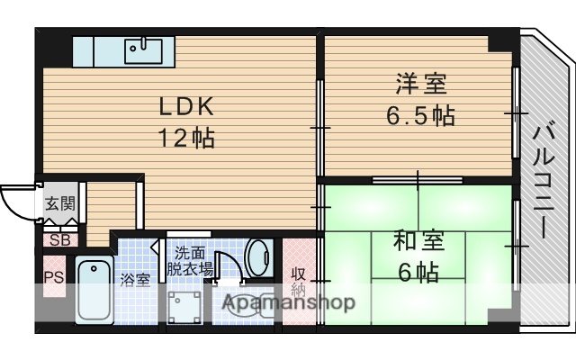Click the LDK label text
pyautogui.click(x=186, y=107)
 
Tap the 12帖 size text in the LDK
pyautogui.click(x=186, y=139)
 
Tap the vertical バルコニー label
pyautogui.click(x=544, y=181)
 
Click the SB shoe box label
pyautogui.click(x=59, y=239)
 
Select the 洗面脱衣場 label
pyautogui.click(x=193, y=260)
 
